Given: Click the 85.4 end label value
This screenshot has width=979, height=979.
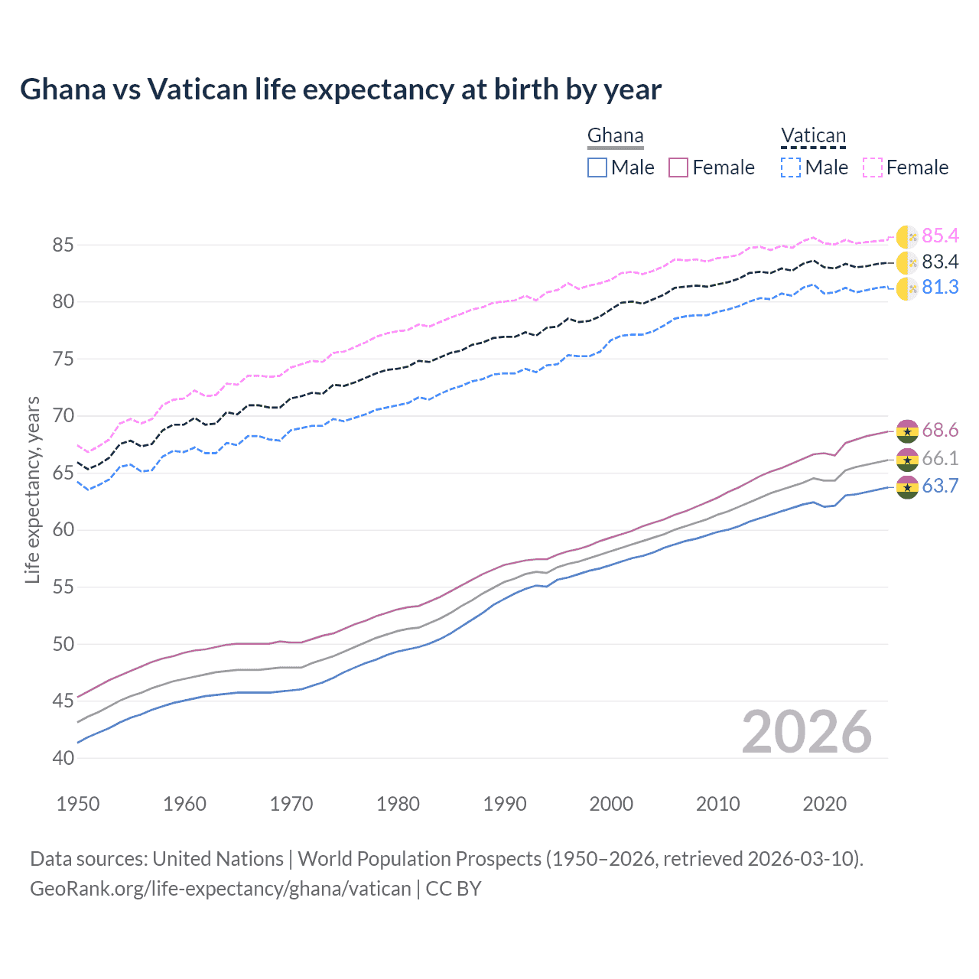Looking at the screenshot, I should (940, 236).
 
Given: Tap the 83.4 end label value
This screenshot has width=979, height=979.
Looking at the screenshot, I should (940, 262).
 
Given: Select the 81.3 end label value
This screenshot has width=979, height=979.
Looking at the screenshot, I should (940, 288).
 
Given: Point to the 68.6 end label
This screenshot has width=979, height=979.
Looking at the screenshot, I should (940, 431).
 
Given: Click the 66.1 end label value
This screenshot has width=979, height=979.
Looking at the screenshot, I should (940, 458).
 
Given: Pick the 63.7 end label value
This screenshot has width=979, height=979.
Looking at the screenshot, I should (940, 486).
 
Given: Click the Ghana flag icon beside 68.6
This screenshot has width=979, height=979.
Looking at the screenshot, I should (906, 431).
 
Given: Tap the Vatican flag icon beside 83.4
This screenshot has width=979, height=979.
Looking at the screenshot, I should (906, 262).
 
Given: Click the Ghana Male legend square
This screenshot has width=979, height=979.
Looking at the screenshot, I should (597, 168).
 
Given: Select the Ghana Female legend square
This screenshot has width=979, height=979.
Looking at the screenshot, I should (678, 168).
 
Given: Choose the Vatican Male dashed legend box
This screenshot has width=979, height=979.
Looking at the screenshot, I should (791, 168).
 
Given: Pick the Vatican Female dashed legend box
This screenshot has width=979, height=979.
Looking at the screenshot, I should (873, 168).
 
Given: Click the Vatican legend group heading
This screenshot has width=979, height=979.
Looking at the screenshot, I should (813, 136).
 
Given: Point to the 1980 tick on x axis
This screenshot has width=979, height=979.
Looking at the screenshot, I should (398, 804).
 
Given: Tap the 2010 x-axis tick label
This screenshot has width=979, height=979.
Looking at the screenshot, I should (717, 804).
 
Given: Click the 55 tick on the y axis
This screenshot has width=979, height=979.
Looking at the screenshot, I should (63, 587).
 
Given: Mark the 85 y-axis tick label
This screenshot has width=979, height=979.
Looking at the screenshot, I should (63, 246).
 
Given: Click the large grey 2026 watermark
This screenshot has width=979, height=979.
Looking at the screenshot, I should (806, 732).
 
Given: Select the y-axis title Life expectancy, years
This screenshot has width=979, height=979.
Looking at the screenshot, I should (33, 489).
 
